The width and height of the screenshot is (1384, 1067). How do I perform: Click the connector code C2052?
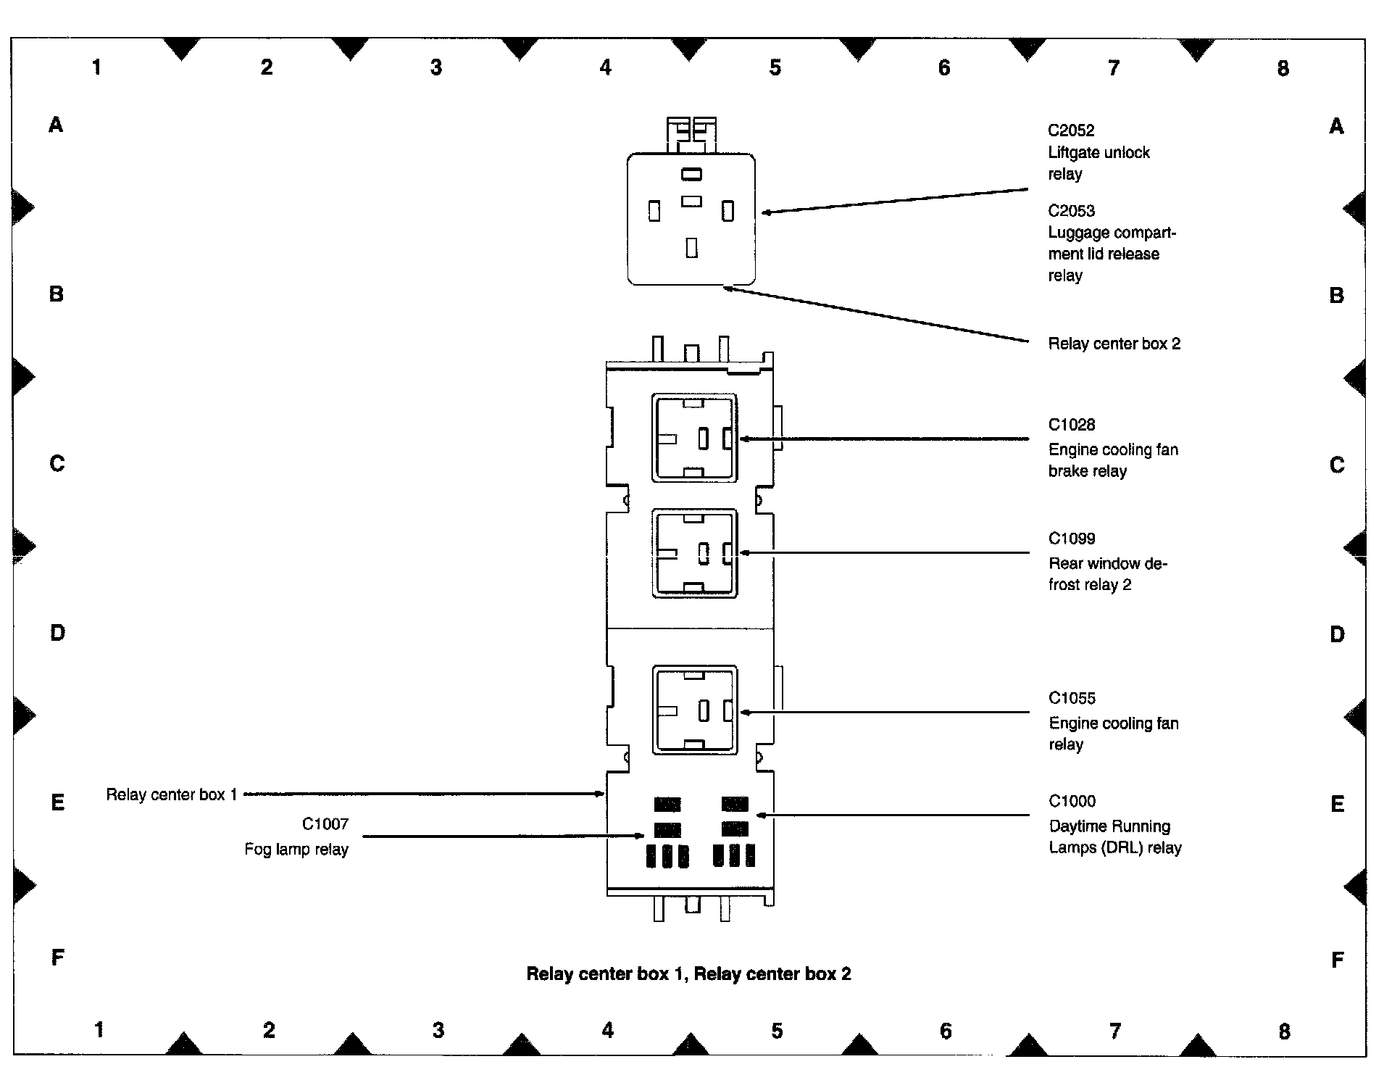[1071, 130]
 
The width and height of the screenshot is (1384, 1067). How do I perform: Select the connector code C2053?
[1071, 211]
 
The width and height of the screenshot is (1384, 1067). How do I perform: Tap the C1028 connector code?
[1071, 425]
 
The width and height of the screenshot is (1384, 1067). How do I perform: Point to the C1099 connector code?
[1071, 539]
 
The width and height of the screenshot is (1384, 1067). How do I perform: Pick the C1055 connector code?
[1071, 698]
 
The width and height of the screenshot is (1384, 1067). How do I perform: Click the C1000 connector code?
[1071, 801]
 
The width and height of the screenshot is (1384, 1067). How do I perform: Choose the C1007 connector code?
[325, 824]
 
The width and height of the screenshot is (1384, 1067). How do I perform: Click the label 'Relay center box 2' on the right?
[1114, 344]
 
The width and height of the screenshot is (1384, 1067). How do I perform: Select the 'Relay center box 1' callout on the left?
[172, 794]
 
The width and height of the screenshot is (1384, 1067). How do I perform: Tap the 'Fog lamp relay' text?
[296, 849]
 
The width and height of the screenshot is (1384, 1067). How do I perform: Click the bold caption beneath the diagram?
[688, 973]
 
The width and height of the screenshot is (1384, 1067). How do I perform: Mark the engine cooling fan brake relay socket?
[694, 438]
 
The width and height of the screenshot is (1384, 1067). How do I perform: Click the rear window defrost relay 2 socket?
[694, 553]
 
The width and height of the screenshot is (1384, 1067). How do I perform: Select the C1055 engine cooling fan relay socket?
[694, 710]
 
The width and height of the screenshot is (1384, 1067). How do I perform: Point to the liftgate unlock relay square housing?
[691, 219]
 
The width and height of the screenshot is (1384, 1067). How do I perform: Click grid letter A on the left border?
[56, 125]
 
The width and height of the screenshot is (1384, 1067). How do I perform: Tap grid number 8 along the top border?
[1283, 68]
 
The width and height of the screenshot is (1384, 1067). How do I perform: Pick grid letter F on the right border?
[1337, 960]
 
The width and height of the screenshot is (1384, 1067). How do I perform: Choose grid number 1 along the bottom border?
[99, 1029]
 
